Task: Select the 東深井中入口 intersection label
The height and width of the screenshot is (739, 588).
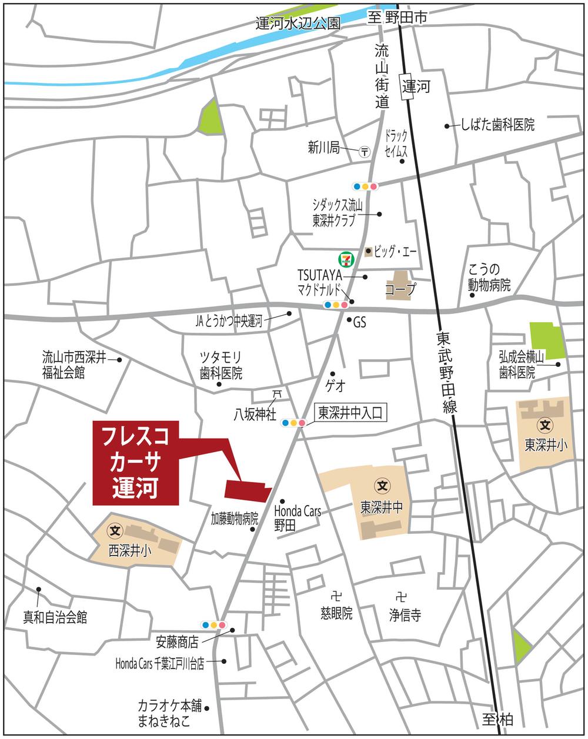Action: pyautogui.click(x=351, y=413)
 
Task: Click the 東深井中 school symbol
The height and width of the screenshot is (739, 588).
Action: pyautogui.click(x=382, y=486)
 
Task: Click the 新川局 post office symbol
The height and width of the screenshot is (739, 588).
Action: pyautogui.click(x=365, y=151)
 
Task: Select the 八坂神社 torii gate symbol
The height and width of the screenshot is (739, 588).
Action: pyautogui.click(x=276, y=394)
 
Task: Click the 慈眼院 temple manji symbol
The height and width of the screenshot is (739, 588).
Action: pyautogui.click(x=336, y=593)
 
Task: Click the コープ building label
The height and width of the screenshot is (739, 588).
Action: pyautogui.click(x=400, y=289)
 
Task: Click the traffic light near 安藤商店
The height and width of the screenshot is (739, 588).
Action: pyautogui.click(x=213, y=624)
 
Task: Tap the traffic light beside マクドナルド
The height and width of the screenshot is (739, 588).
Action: pyautogui.click(x=335, y=305)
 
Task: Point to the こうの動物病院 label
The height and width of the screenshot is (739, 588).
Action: pyautogui.click(x=489, y=277)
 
